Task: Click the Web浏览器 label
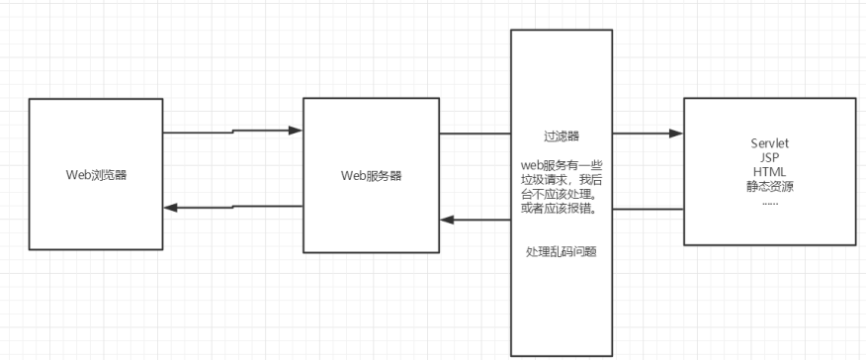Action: (x=96, y=175)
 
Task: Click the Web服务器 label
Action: (x=371, y=175)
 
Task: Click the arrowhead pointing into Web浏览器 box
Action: (x=170, y=208)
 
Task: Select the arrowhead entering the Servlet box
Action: (x=677, y=133)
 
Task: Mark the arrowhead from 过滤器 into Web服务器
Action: (x=447, y=220)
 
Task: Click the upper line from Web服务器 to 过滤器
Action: (x=475, y=133)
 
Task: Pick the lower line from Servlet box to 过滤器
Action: (x=648, y=209)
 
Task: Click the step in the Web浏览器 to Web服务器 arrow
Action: (x=233, y=131)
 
